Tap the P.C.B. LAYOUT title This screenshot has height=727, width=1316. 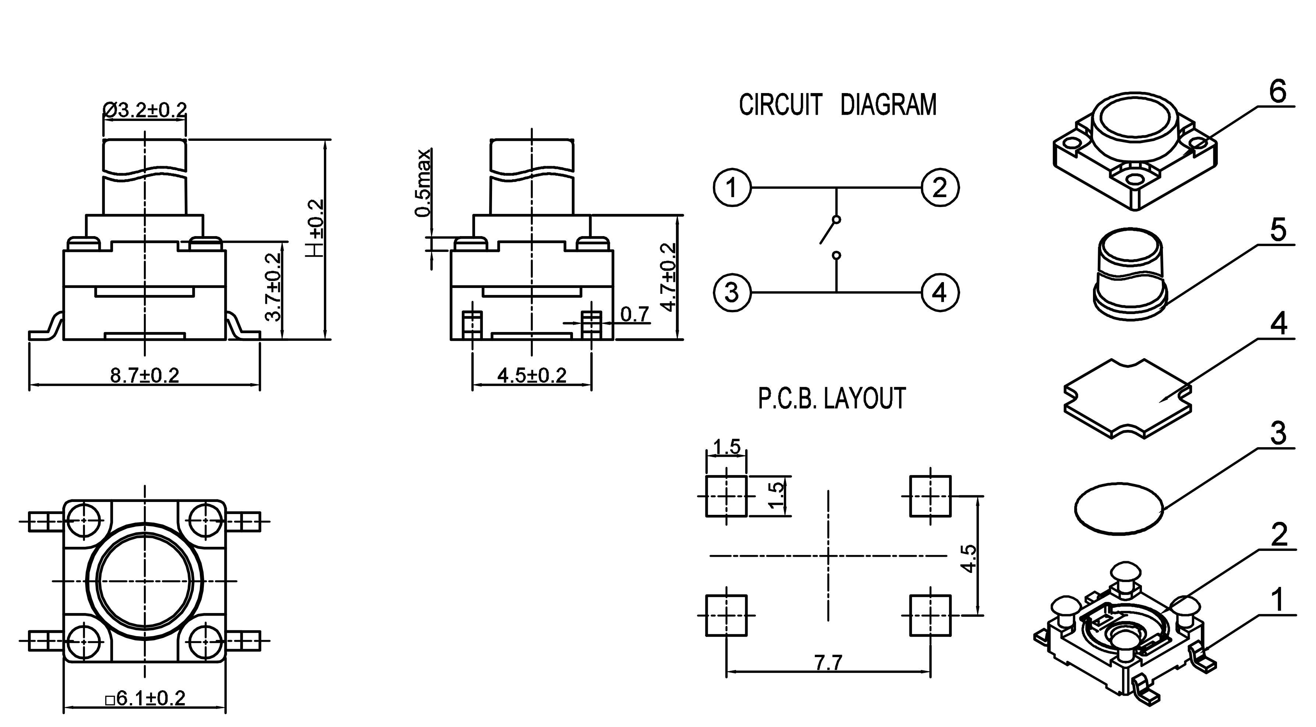click(832, 399)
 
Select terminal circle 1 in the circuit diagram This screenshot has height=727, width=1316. click(732, 188)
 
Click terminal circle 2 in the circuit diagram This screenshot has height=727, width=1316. click(940, 188)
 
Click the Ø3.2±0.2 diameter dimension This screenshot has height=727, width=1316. click(145, 109)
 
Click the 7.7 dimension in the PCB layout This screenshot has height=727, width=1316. click(828, 663)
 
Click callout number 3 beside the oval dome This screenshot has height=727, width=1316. click(1278, 434)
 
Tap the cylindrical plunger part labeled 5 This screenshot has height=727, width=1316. click(1130, 276)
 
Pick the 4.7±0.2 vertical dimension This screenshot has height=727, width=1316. click(669, 276)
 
